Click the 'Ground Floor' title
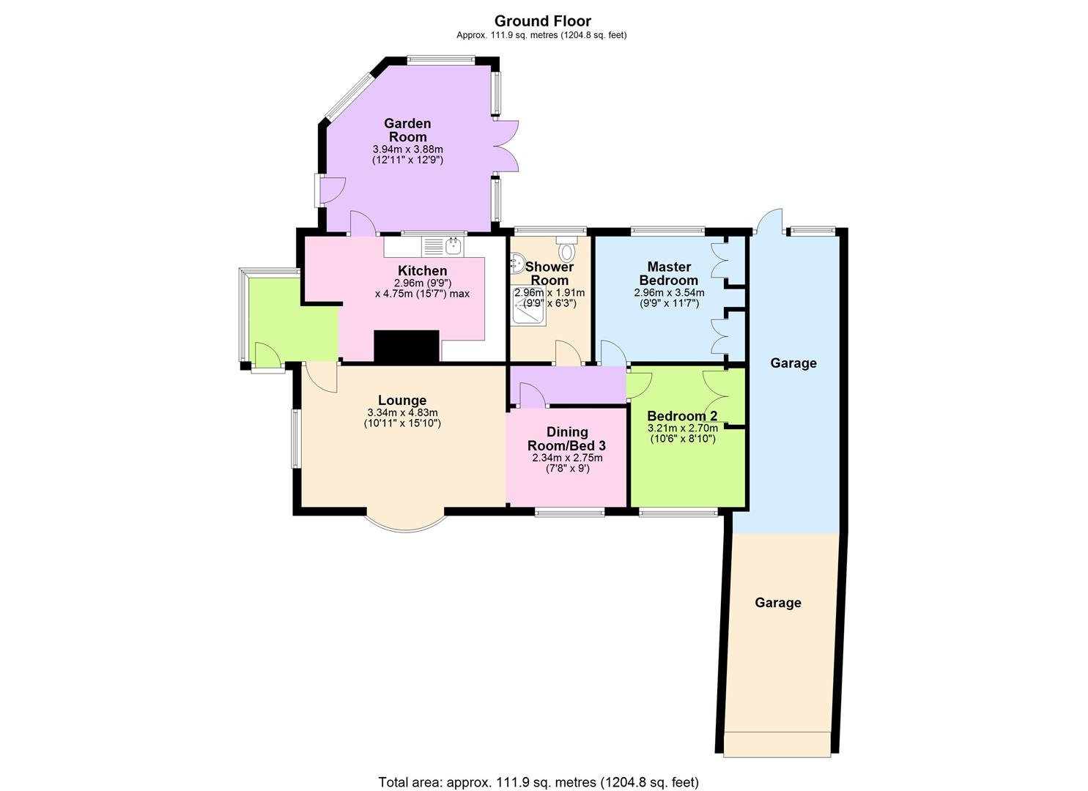(x=542, y=21)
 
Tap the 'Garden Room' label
(x=407, y=130)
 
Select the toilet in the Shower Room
(x=566, y=250)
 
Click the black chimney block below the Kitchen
(x=407, y=346)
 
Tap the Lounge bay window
(x=405, y=522)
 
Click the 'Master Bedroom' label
(x=668, y=273)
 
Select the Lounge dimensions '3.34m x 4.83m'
(x=402, y=412)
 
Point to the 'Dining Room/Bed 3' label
(x=567, y=439)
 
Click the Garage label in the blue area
(x=793, y=363)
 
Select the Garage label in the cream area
(x=777, y=603)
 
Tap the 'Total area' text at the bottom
(x=539, y=782)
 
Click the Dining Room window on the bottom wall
(x=569, y=513)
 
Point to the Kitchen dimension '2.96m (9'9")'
(x=422, y=283)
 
